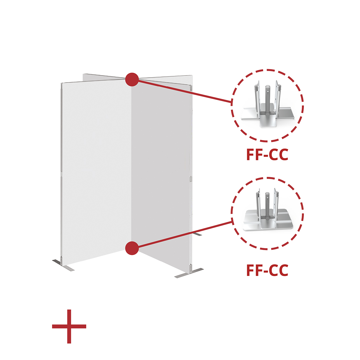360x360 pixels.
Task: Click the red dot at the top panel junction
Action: pos(132,80)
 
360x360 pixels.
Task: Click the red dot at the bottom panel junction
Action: pos(132,248)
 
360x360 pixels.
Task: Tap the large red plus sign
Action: pos(69,326)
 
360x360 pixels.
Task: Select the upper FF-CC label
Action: pos(267,155)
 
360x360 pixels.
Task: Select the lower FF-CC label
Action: pos(267,270)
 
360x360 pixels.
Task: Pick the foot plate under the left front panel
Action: pos(63,265)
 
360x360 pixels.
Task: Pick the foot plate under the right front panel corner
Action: pos(189,273)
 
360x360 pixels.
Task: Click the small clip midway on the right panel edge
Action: pos(191,179)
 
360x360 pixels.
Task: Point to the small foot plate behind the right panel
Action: pos(197,234)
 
